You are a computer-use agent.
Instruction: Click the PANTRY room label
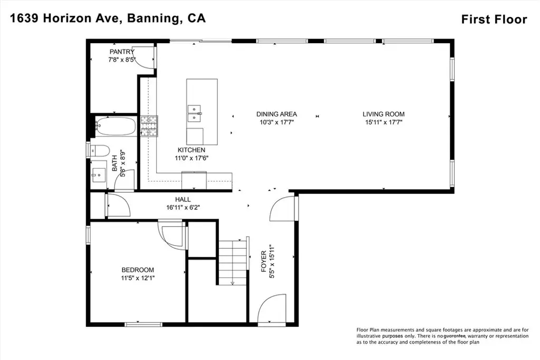pyautogui.click(x=122, y=52)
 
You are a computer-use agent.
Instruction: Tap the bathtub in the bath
pyautogui.click(x=115, y=127)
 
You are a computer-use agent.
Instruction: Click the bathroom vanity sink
pyautogui.click(x=99, y=175)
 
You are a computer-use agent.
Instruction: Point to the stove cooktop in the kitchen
pyautogui.click(x=149, y=127)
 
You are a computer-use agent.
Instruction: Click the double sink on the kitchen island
pyautogui.click(x=194, y=113)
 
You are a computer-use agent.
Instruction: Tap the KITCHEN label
pyautogui.click(x=191, y=150)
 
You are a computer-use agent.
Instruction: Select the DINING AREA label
pyautogui.click(x=276, y=114)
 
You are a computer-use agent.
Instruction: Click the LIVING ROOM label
pyautogui.click(x=384, y=114)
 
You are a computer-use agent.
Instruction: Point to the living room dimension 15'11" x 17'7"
pyautogui.click(x=384, y=122)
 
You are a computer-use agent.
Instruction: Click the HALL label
pyautogui.click(x=183, y=199)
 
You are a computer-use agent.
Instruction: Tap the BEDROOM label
pyautogui.click(x=138, y=270)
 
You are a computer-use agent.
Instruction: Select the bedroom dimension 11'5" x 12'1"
pyautogui.click(x=138, y=278)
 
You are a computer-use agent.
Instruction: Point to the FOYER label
pyautogui.click(x=264, y=261)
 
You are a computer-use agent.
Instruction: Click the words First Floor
pyautogui.click(x=494, y=20)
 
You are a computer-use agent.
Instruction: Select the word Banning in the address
pyautogui.click(x=153, y=18)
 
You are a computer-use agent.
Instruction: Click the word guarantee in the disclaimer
pyautogui.click(x=455, y=336)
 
